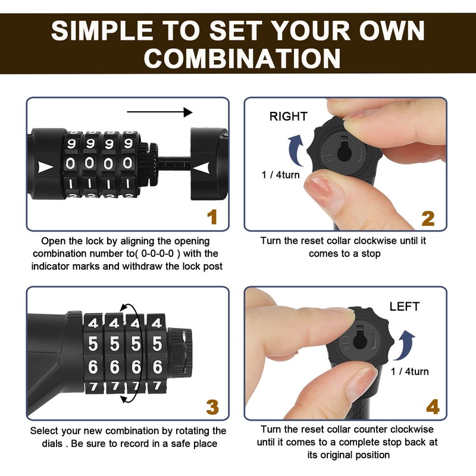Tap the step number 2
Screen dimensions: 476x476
tap(428, 217)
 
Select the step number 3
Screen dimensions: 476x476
tap(212, 408)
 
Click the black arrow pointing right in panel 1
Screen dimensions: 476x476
tap(159, 112)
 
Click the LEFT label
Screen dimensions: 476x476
tap(404, 307)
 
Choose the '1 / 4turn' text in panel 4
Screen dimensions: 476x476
tap(409, 372)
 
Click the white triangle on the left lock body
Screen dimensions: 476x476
tap(45, 167)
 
